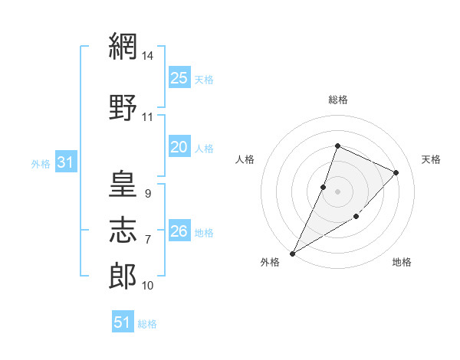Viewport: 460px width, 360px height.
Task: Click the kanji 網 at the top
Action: coord(123,46)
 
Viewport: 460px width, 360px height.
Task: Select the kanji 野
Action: coord(123,107)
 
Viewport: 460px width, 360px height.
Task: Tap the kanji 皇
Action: coord(123,184)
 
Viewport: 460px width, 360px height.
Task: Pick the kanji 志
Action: coord(123,230)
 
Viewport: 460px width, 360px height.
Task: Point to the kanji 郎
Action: coord(123,276)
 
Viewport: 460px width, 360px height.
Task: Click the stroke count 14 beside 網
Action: coord(147,55)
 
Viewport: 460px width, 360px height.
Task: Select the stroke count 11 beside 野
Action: coord(147,117)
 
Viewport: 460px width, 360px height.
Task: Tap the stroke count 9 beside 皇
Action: coord(148,194)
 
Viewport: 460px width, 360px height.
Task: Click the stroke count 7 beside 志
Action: coord(148,240)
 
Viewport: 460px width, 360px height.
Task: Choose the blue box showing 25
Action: coord(179,77)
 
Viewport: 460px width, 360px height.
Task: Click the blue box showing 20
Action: coord(179,146)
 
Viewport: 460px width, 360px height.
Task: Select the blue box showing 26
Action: coord(179,230)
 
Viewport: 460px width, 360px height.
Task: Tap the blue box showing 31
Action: coord(66,162)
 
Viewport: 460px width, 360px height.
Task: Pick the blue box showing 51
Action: coord(123,321)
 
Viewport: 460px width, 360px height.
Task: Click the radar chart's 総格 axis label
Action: coord(338,100)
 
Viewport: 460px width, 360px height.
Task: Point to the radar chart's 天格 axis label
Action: coord(431,159)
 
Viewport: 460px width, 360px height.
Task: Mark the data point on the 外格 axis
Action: coord(292,254)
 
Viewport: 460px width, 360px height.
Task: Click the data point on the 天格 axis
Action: coord(396,172)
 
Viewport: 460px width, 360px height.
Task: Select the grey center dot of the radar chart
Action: coord(337,191)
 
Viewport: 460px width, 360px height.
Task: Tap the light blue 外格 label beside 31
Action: coord(41,164)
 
